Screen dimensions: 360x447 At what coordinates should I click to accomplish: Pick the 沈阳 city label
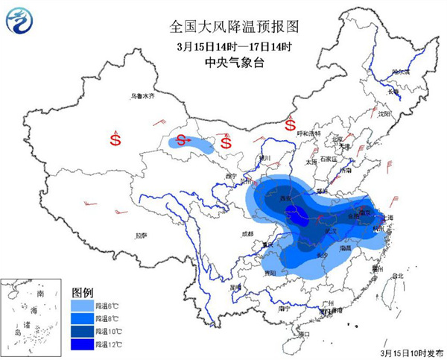pos(384,115)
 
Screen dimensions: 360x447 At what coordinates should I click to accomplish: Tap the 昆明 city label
pos(236,286)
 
